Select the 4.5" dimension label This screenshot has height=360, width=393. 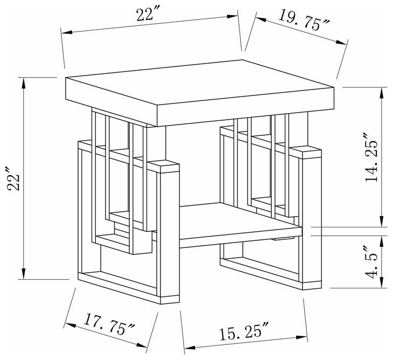pyautogui.click(x=372, y=262)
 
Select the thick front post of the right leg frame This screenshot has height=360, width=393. pyautogui.click(x=309, y=216)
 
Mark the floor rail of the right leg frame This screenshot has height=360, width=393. pyautogui.click(x=258, y=269)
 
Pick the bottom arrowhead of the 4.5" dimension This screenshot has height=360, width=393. pyautogui.click(x=383, y=285)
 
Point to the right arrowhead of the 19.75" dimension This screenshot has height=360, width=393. pyautogui.click(x=344, y=43)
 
